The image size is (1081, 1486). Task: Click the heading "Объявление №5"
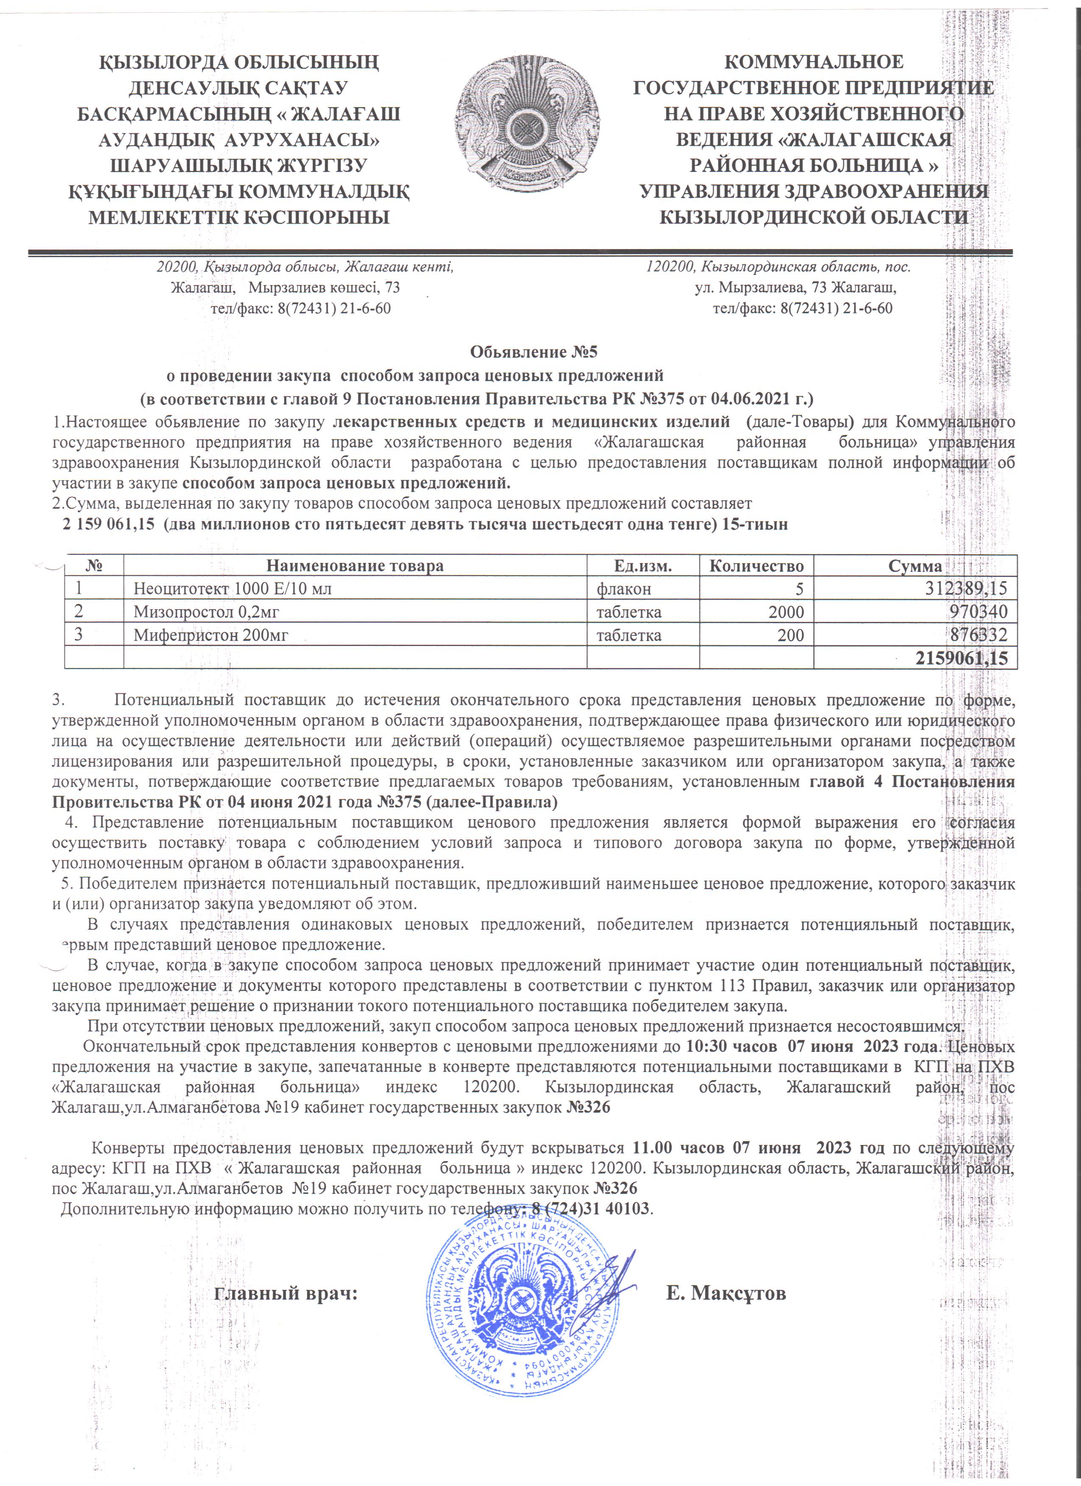[x=534, y=352]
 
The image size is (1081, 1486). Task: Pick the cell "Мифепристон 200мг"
[x=211, y=635]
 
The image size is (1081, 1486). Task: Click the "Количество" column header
[x=757, y=566]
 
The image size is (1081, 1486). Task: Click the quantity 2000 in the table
[x=786, y=612]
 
